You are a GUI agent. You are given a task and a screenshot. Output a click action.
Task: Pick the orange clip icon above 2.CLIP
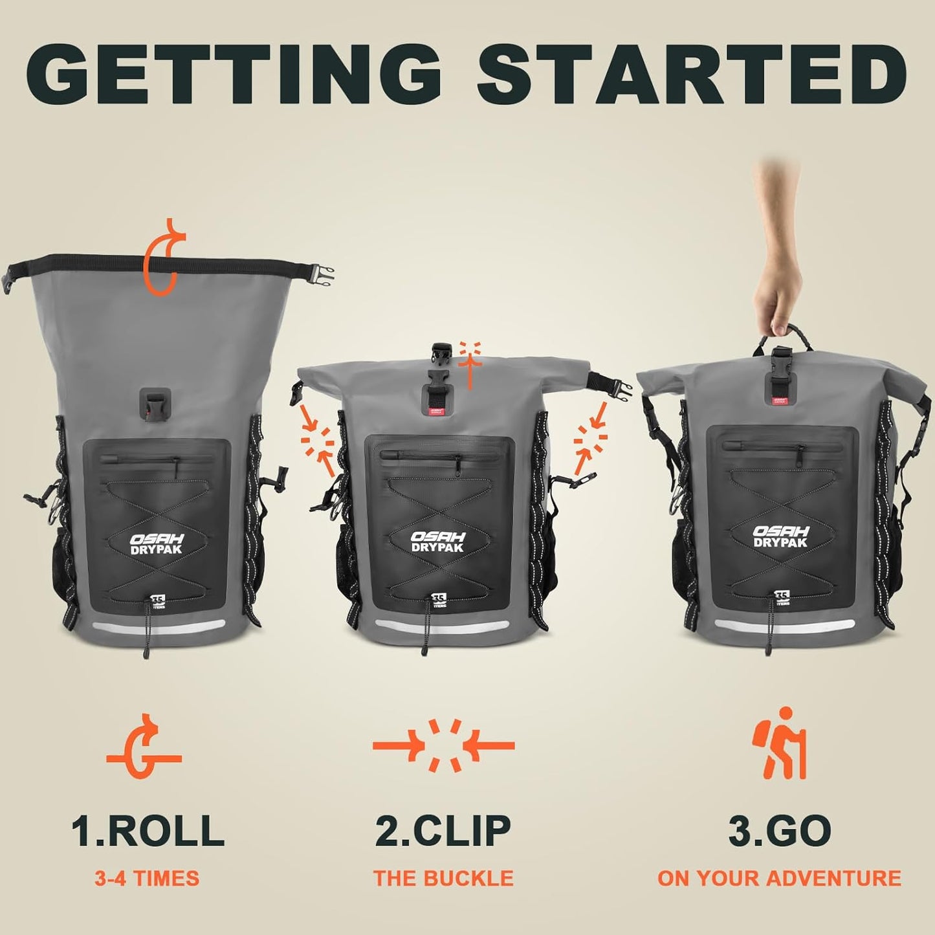point(443,745)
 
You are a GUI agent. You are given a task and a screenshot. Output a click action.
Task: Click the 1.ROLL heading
point(148,830)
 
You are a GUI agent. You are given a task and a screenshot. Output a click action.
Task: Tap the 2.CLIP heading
point(443,830)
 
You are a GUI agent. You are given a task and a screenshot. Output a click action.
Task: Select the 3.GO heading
point(780,830)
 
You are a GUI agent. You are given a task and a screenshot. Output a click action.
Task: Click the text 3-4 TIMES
point(147,878)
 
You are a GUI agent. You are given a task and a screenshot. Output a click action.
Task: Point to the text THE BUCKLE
point(443,878)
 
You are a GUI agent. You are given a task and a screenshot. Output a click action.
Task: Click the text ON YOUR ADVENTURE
point(779,878)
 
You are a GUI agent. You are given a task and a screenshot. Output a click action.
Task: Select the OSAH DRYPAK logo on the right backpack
point(780,536)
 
